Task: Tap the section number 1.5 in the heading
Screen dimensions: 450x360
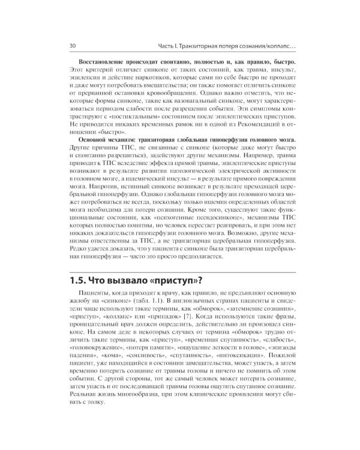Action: pos(80,280)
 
